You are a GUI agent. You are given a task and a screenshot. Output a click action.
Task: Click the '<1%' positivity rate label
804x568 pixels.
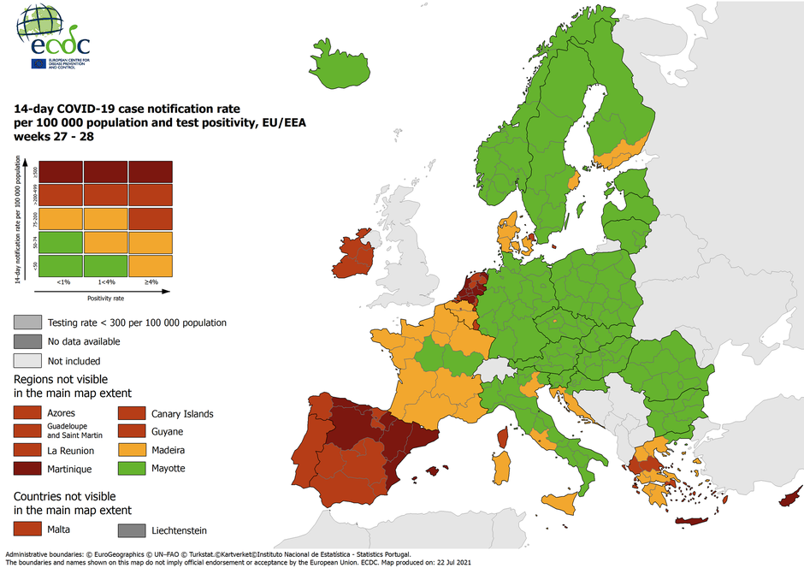63,281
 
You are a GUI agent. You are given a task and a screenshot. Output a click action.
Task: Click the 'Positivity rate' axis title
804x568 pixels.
107,298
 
